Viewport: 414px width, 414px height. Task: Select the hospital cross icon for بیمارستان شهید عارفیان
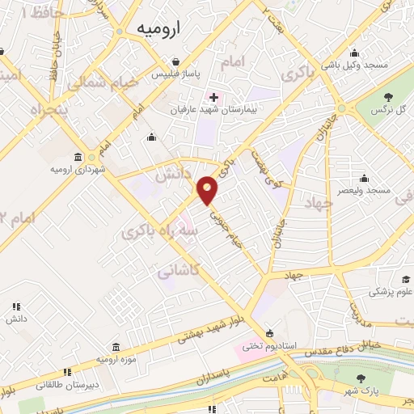[x=213, y=97]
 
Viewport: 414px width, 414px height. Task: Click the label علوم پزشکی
[x=391, y=291]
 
